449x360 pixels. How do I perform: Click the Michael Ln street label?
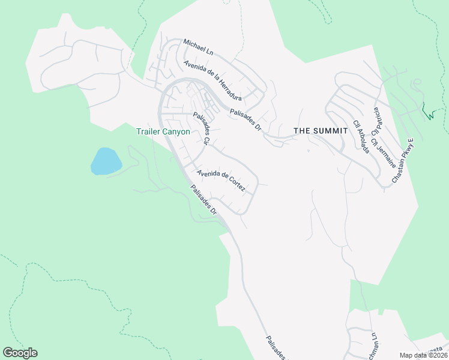(197, 47)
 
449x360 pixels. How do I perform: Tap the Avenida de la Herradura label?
(212, 81)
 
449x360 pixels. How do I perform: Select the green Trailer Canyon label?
(163, 131)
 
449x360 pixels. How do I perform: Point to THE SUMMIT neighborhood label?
(321, 131)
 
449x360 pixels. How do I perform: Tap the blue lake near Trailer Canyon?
(106, 161)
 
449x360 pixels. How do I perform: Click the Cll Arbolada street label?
(361, 136)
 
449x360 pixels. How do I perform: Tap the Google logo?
(20, 353)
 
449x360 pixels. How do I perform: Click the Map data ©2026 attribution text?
(424, 355)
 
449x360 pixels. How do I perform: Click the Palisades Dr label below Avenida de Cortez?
(204, 200)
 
